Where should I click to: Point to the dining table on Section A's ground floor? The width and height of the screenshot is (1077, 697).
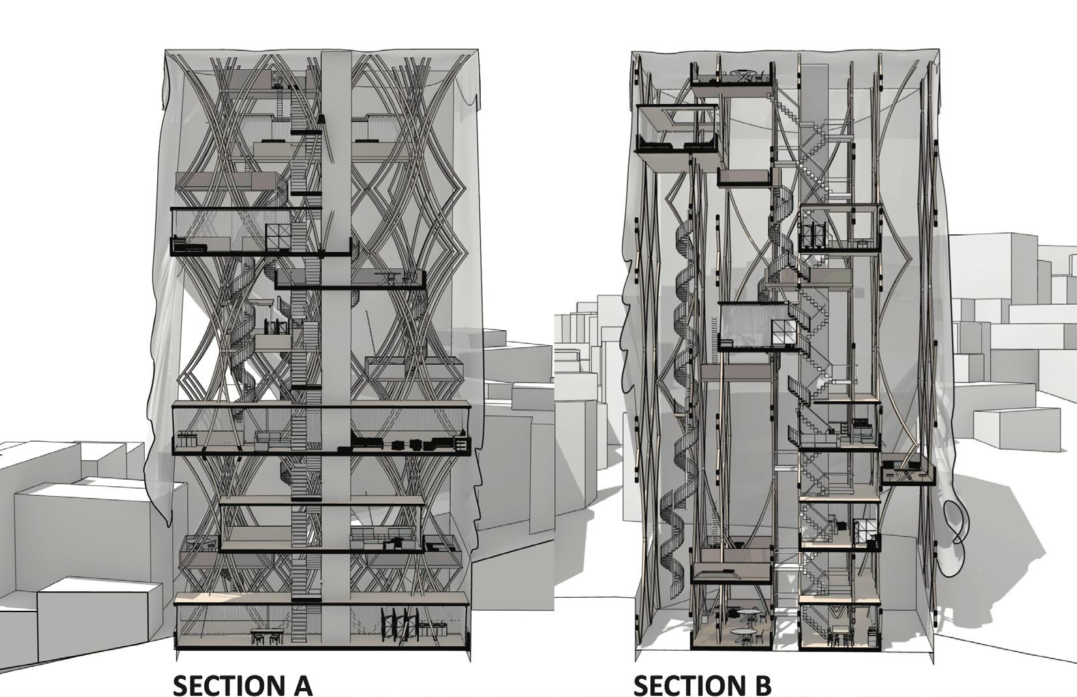tap(267, 634)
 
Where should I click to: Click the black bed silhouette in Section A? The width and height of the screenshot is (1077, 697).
tap(369, 443)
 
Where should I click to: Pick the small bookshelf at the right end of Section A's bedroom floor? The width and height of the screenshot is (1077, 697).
tap(461, 444)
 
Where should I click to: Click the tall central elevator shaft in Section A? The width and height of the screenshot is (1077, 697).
tap(335, 326)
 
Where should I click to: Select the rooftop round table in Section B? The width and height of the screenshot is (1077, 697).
tap(743, 73)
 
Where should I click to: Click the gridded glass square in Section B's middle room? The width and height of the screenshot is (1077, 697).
tap(783, 332)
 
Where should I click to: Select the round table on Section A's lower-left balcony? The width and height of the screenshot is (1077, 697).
tap(202, 543)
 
